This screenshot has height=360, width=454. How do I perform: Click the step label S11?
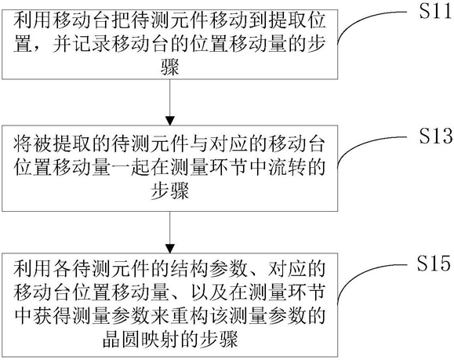(436, 12)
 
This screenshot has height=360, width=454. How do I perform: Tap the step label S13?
(436, 136)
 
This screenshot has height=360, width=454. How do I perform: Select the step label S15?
(434, 263)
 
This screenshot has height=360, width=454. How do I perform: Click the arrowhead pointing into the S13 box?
(170, 121)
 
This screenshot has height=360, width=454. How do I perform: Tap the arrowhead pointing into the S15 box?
(170, 248)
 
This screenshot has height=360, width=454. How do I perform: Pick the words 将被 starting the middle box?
(32, 144)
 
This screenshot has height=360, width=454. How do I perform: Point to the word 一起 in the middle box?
(130, 167)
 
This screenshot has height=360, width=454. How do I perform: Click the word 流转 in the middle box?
(286, 167)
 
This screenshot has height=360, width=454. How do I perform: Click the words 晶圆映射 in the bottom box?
(140, 338)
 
